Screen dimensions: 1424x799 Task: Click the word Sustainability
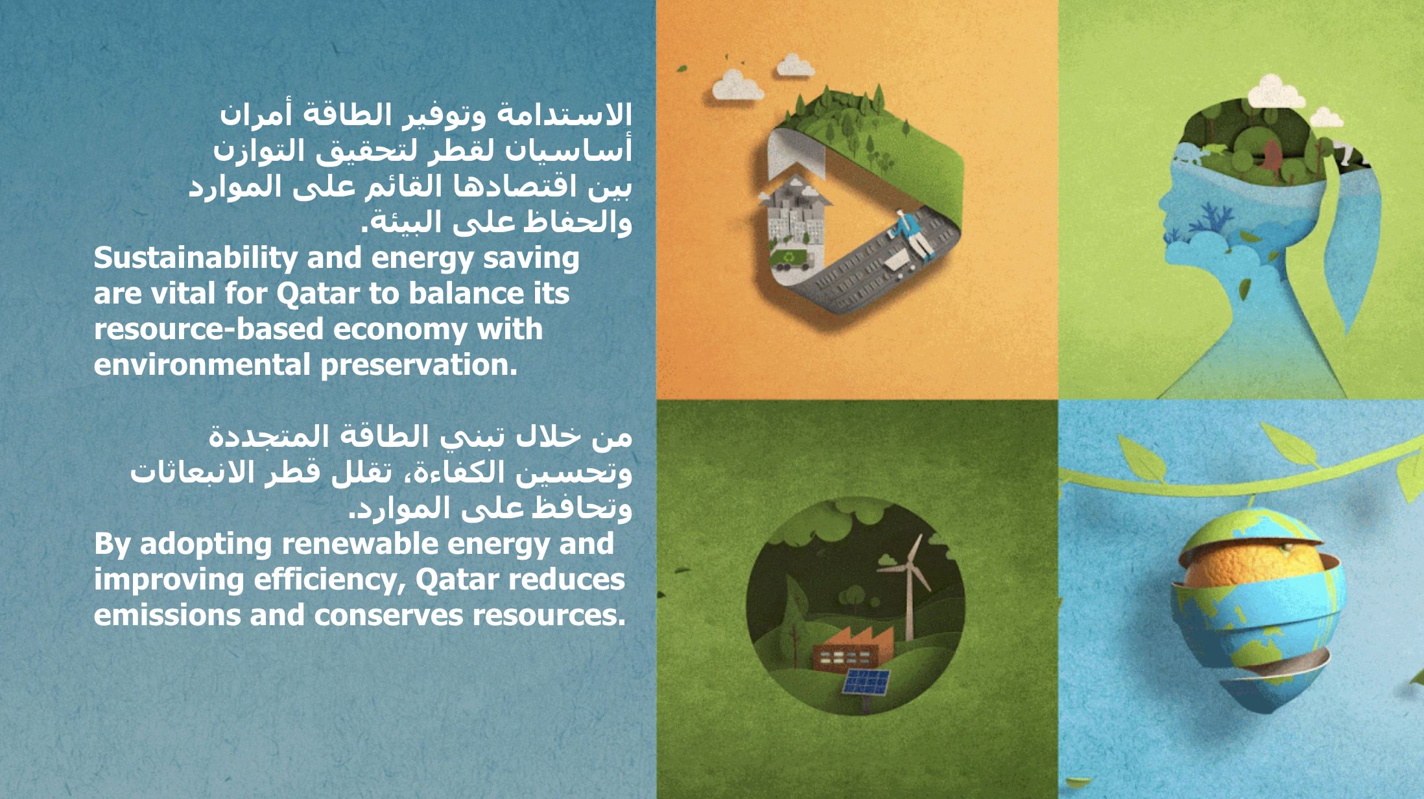tap(196, 259)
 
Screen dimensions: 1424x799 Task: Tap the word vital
tap(182, 294)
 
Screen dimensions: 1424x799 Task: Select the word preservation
tap(419, 366)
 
